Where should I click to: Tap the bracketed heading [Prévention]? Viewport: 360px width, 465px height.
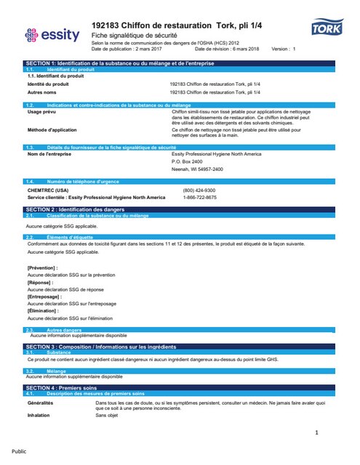42,268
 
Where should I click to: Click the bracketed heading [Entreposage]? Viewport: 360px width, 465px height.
44,297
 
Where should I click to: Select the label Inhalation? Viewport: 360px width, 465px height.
39,416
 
